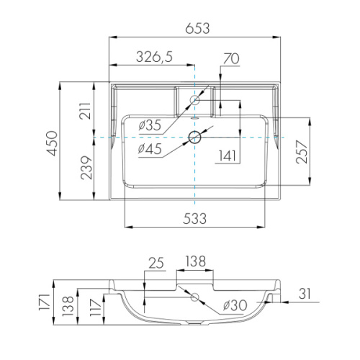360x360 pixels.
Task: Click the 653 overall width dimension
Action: click(x=197, y=28)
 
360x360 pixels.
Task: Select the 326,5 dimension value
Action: click(x=154, y=57)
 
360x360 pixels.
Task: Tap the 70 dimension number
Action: click(x=231, y=59)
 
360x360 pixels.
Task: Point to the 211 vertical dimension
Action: click(x=86, y=111)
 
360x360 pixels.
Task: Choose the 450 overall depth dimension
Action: click(x=52, y=143)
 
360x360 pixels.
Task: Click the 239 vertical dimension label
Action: click(x=86, y=168)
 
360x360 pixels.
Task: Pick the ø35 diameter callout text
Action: click(x=150, y=125)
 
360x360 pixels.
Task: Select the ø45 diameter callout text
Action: click(x=150, y=148)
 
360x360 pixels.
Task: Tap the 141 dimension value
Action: click(x=227, y=156)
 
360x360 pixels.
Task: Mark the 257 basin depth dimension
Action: click(x=302, y=152)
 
